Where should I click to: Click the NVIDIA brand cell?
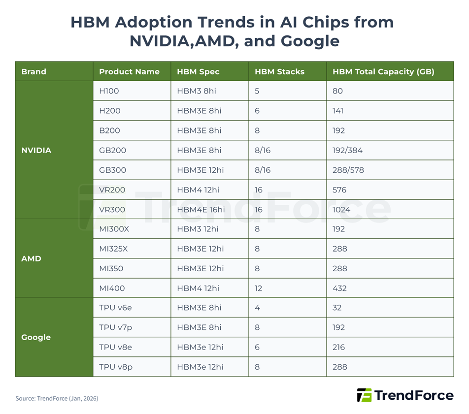pos(36,150)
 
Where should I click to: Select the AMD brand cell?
pos(31,258)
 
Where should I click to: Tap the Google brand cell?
pos(36,337)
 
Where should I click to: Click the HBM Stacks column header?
pos(279,71)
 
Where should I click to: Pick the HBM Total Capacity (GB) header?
pos(383,71)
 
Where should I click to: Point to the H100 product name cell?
pos(109,91)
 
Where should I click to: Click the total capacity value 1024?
pos(341,209)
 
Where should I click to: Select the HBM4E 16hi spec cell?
pos(201,209)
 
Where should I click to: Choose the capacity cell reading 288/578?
pos(348,170)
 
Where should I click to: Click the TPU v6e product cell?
pos(115,308)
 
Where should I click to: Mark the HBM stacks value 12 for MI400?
pos(258,288)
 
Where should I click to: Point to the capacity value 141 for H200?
pos(337,111)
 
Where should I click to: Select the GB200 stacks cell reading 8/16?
pos(263,150)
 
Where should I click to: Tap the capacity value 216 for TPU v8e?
pos(338,347)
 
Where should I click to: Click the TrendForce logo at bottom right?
pos(405,395)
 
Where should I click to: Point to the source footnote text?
pos(57,398)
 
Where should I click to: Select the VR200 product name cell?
pos(112,190)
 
